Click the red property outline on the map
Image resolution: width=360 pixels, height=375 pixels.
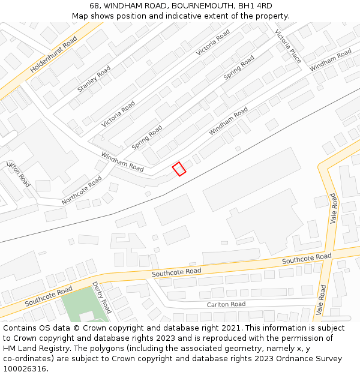(179, 169)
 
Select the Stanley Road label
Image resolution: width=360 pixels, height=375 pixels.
(94, 79)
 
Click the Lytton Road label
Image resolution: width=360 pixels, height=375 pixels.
(18, 173)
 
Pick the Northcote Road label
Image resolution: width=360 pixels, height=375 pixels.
(82, 190)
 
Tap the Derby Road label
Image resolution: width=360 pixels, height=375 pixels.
(101, 297)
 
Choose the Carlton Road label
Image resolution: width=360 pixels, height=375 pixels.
(226, 304)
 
